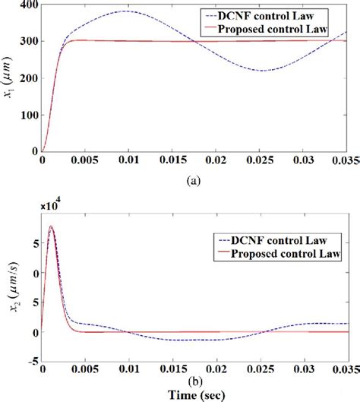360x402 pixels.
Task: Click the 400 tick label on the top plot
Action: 27,6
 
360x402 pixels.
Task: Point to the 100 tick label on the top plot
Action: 27,116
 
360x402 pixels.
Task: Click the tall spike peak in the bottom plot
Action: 51,226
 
